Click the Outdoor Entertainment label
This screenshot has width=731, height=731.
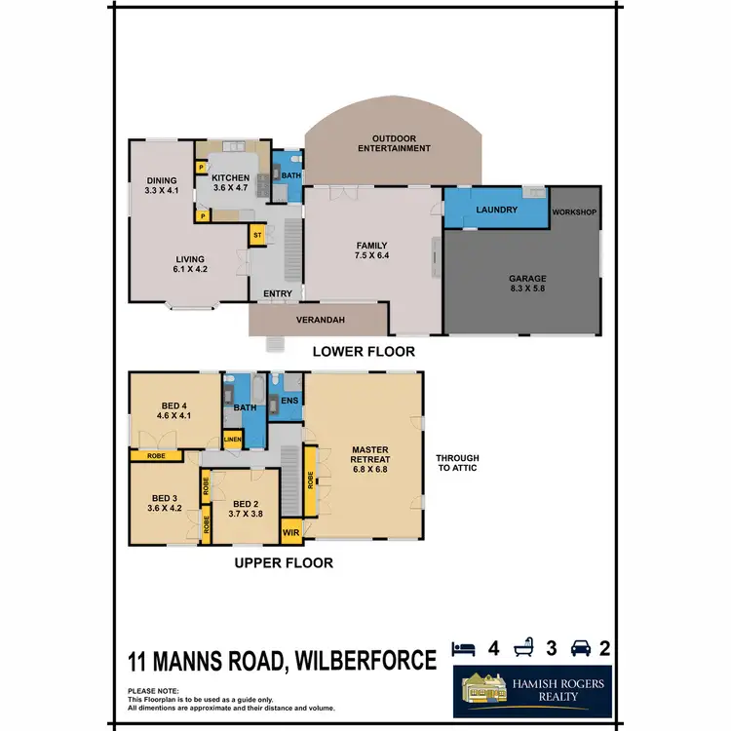coord(393,143)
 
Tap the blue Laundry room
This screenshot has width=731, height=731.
coord(489,210)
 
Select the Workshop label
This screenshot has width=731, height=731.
coord(574,212)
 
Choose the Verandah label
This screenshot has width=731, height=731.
coord(319,318)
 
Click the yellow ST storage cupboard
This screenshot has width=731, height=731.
coord(258,236)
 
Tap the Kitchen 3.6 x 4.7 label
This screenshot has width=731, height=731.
coord(231,181)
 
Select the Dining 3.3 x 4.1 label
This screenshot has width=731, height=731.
coord(162,186)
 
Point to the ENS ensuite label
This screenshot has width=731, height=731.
coord(289,401)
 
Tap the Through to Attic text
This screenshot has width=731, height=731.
coord(457,463)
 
